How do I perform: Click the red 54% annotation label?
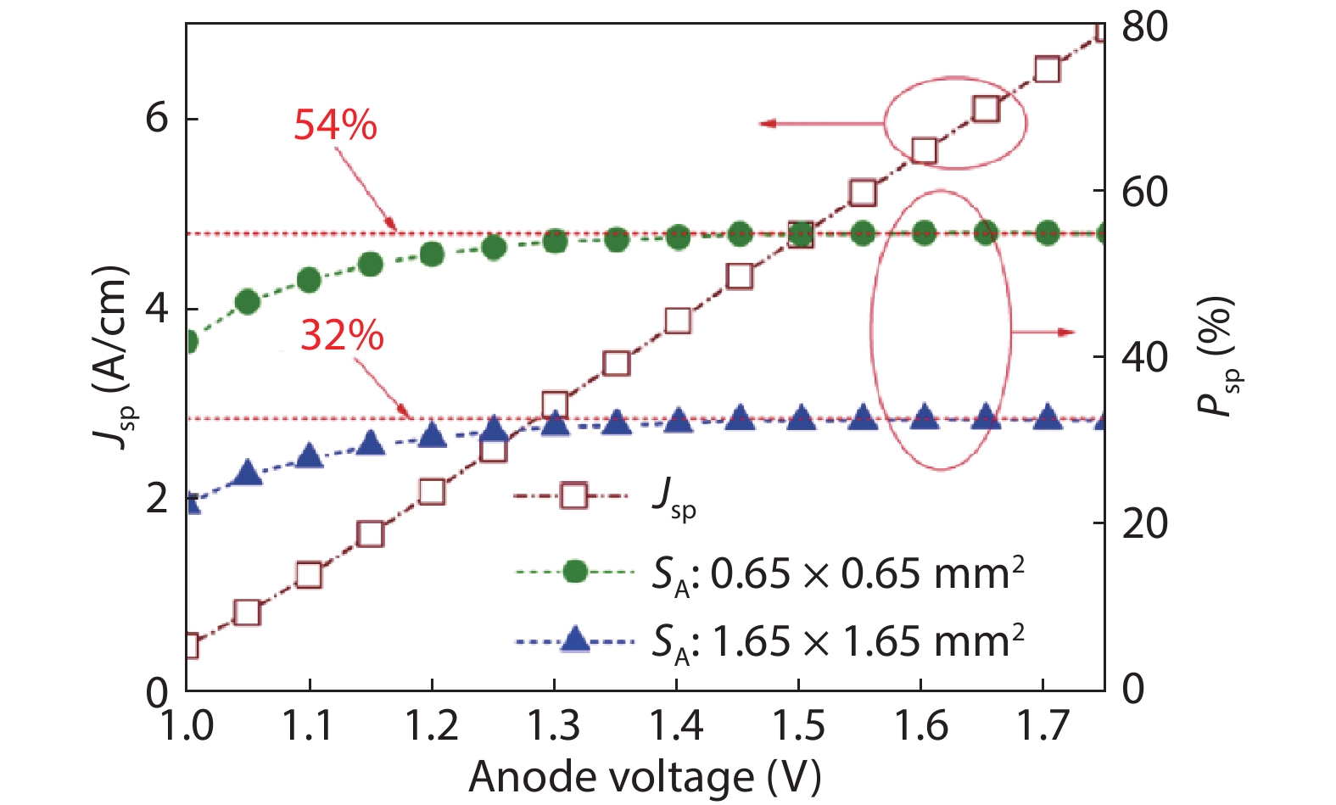(x=335, y=126)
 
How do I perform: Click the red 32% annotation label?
(x=342, y=336)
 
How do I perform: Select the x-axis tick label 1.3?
(x=553, y=727)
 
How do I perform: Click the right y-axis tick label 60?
(x=1144, y=193)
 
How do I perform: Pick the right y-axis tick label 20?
(x=1144, y=523)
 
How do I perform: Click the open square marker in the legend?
(x=574, y=495)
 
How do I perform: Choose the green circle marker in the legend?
(x=575, y=572)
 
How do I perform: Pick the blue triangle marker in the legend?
(x=575, y=640)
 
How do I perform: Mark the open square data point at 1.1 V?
(x=310, y=575)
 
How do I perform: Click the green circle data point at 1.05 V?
(x=248, y=302)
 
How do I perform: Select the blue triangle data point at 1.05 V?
(x=248, y=473)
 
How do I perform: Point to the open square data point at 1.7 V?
(x=1048, y=70)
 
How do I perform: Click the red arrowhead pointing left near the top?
(x=767, y=124)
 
